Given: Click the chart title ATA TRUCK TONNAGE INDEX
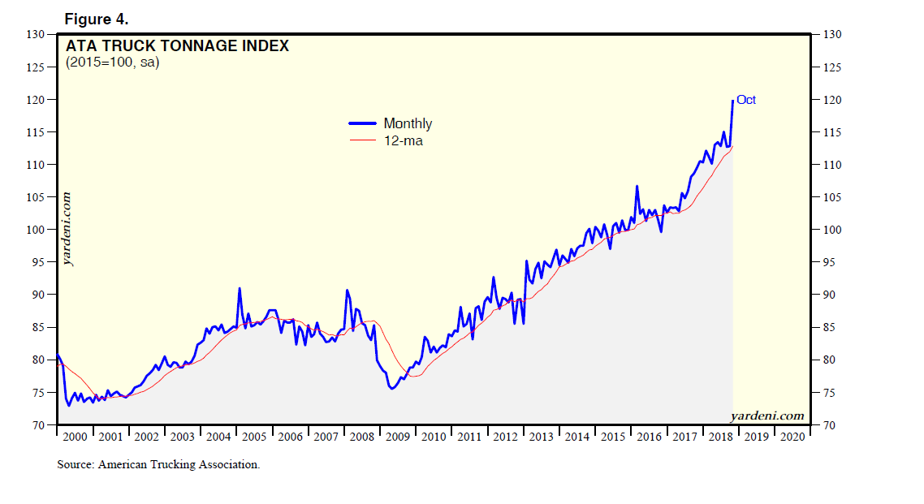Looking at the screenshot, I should coord(177,46).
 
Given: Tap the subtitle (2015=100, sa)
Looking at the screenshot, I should coord(113,62).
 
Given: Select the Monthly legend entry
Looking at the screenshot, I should coord(407,123).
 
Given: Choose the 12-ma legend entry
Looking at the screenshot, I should coord(403,140).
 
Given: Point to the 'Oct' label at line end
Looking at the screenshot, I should coord(746,100).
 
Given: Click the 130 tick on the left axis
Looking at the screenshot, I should coord(35,35).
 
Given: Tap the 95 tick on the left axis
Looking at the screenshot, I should coord(37,262).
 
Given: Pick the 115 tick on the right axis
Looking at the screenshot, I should coord(828,132).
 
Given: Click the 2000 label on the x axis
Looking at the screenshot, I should coord(75,437).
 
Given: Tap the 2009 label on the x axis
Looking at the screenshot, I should coord(398,437).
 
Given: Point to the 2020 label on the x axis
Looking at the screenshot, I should coord(792,437).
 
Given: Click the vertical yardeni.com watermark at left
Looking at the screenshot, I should coord(67,229).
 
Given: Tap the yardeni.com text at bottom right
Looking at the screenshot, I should coord(767,416).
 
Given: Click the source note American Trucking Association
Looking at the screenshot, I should coord(158,465).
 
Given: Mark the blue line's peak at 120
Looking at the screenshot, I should coord(733,100).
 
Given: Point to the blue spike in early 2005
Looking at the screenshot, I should coord(240,288).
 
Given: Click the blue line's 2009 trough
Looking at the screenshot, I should coord(391,389).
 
